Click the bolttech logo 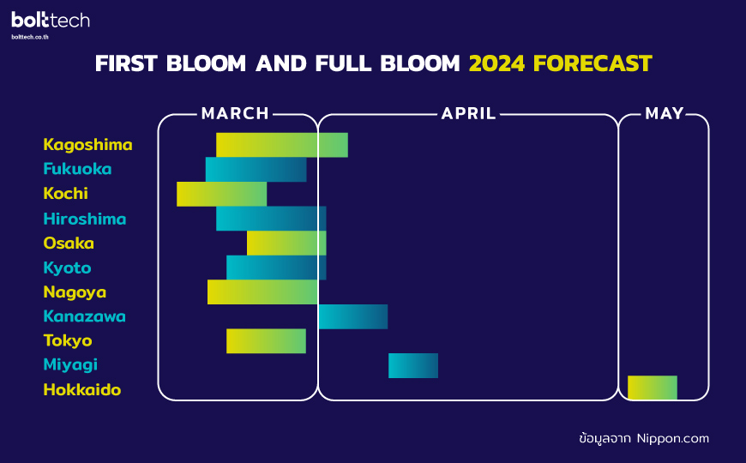[51, 20]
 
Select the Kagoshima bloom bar [281, 145]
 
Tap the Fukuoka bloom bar [256, 170]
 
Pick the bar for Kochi [222, 194]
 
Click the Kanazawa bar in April [353, 316]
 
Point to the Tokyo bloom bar [266, 340]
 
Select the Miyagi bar [413, 365]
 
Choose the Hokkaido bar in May [653, 388]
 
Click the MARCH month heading [235, 113]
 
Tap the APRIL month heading [469, 113]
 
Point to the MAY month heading [665, 113]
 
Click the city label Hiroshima [85, 219]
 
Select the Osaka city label [69, 244]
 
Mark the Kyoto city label [67, 268]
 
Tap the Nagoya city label [75, 292]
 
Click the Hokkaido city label [81, 390]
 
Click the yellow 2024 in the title [496, 63]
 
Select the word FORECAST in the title [593, 63]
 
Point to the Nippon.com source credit [673, 438]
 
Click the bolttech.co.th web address [30, 37]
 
